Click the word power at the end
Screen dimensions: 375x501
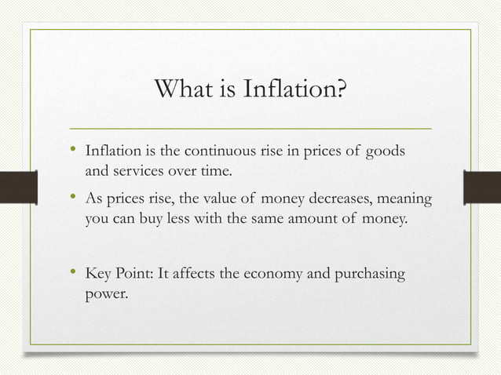coord(104,296)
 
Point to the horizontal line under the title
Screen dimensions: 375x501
coord(251,127)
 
